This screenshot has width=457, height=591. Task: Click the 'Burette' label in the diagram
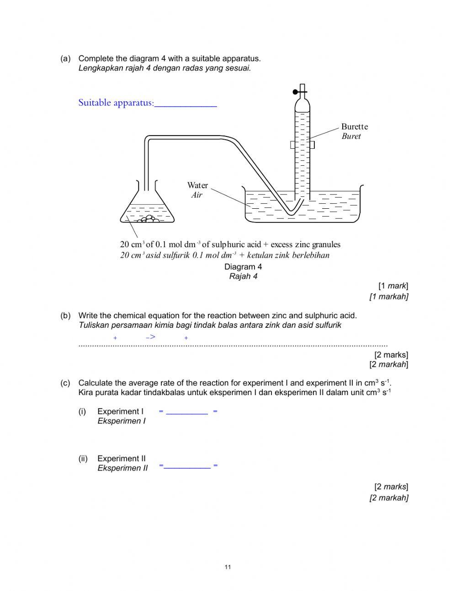point(354,127)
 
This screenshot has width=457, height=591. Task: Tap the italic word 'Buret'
point(351,136)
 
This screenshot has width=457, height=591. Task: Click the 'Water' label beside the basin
point(197,185)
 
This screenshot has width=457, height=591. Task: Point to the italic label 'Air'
point(197,195)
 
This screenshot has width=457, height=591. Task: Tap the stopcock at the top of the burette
point(299,92)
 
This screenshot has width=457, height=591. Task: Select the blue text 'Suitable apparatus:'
point(116,103)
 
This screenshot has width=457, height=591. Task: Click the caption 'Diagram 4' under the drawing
point(243,267)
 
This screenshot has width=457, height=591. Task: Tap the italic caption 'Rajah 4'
point(243,277)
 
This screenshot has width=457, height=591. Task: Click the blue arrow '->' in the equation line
point(151,337)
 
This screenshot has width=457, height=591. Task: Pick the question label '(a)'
point(65,59)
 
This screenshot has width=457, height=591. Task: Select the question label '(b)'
point(65,315)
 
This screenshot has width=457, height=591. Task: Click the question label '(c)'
point(65,383)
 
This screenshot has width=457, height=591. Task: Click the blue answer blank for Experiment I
point(187,412)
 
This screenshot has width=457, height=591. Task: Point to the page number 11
point(228,568)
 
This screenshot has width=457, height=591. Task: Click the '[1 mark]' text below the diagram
point(393,286)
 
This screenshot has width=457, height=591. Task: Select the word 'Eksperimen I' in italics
point(122,421)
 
